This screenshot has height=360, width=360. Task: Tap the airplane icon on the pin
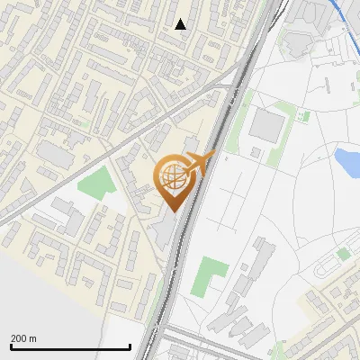[x=201, y=163]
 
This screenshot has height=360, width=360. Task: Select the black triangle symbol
[x=181, y=24]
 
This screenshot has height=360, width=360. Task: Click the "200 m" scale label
[x=23, y=338]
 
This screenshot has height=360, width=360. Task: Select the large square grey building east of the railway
[x=265, y=126]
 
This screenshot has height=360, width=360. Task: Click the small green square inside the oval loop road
[x=343, y=255]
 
